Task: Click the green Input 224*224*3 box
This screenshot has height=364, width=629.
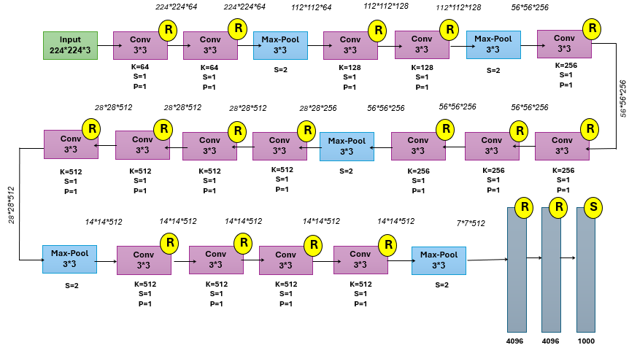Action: [70, 45]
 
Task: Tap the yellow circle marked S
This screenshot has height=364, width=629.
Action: [594, 207]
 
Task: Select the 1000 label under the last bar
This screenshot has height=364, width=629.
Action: [586, 341]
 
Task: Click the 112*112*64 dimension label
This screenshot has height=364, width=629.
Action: [311, 8]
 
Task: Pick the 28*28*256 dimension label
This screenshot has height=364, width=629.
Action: [318, 108]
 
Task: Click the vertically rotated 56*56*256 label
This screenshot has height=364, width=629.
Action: [622, 98]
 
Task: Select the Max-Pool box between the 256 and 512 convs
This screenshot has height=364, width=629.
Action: [347, 146]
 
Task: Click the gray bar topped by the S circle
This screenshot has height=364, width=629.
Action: [586, 274]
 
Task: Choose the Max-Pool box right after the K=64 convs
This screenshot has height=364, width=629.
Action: [280, 45]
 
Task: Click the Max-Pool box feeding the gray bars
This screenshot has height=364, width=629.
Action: [439, 260]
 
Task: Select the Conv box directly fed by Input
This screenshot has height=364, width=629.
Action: [140, 45]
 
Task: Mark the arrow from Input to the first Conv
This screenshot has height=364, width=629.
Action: [105, 45]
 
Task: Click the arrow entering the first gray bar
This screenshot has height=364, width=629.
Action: [487, 259]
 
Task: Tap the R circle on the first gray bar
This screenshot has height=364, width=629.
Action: [523, 207]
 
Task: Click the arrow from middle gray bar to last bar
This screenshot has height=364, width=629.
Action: [568, 257]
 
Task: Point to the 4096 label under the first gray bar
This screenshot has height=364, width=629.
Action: [517, 341]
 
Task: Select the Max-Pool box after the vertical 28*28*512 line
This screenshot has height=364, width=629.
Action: [69, 259]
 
